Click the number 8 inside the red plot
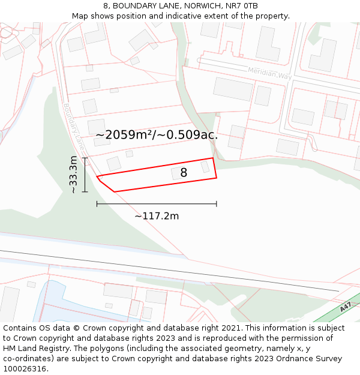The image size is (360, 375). pos(184,173)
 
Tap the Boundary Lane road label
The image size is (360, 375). pos(74,127)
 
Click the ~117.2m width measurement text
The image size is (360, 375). pos(157,216)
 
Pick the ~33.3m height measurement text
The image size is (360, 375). pos(73,175)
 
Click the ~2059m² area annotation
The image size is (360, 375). pos(156,135)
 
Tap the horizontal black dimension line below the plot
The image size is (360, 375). pos(157,204)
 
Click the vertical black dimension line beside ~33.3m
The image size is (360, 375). pos(85,175)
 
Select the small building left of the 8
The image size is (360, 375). pos(176,173)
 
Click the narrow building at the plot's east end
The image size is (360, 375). pos(205,167)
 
